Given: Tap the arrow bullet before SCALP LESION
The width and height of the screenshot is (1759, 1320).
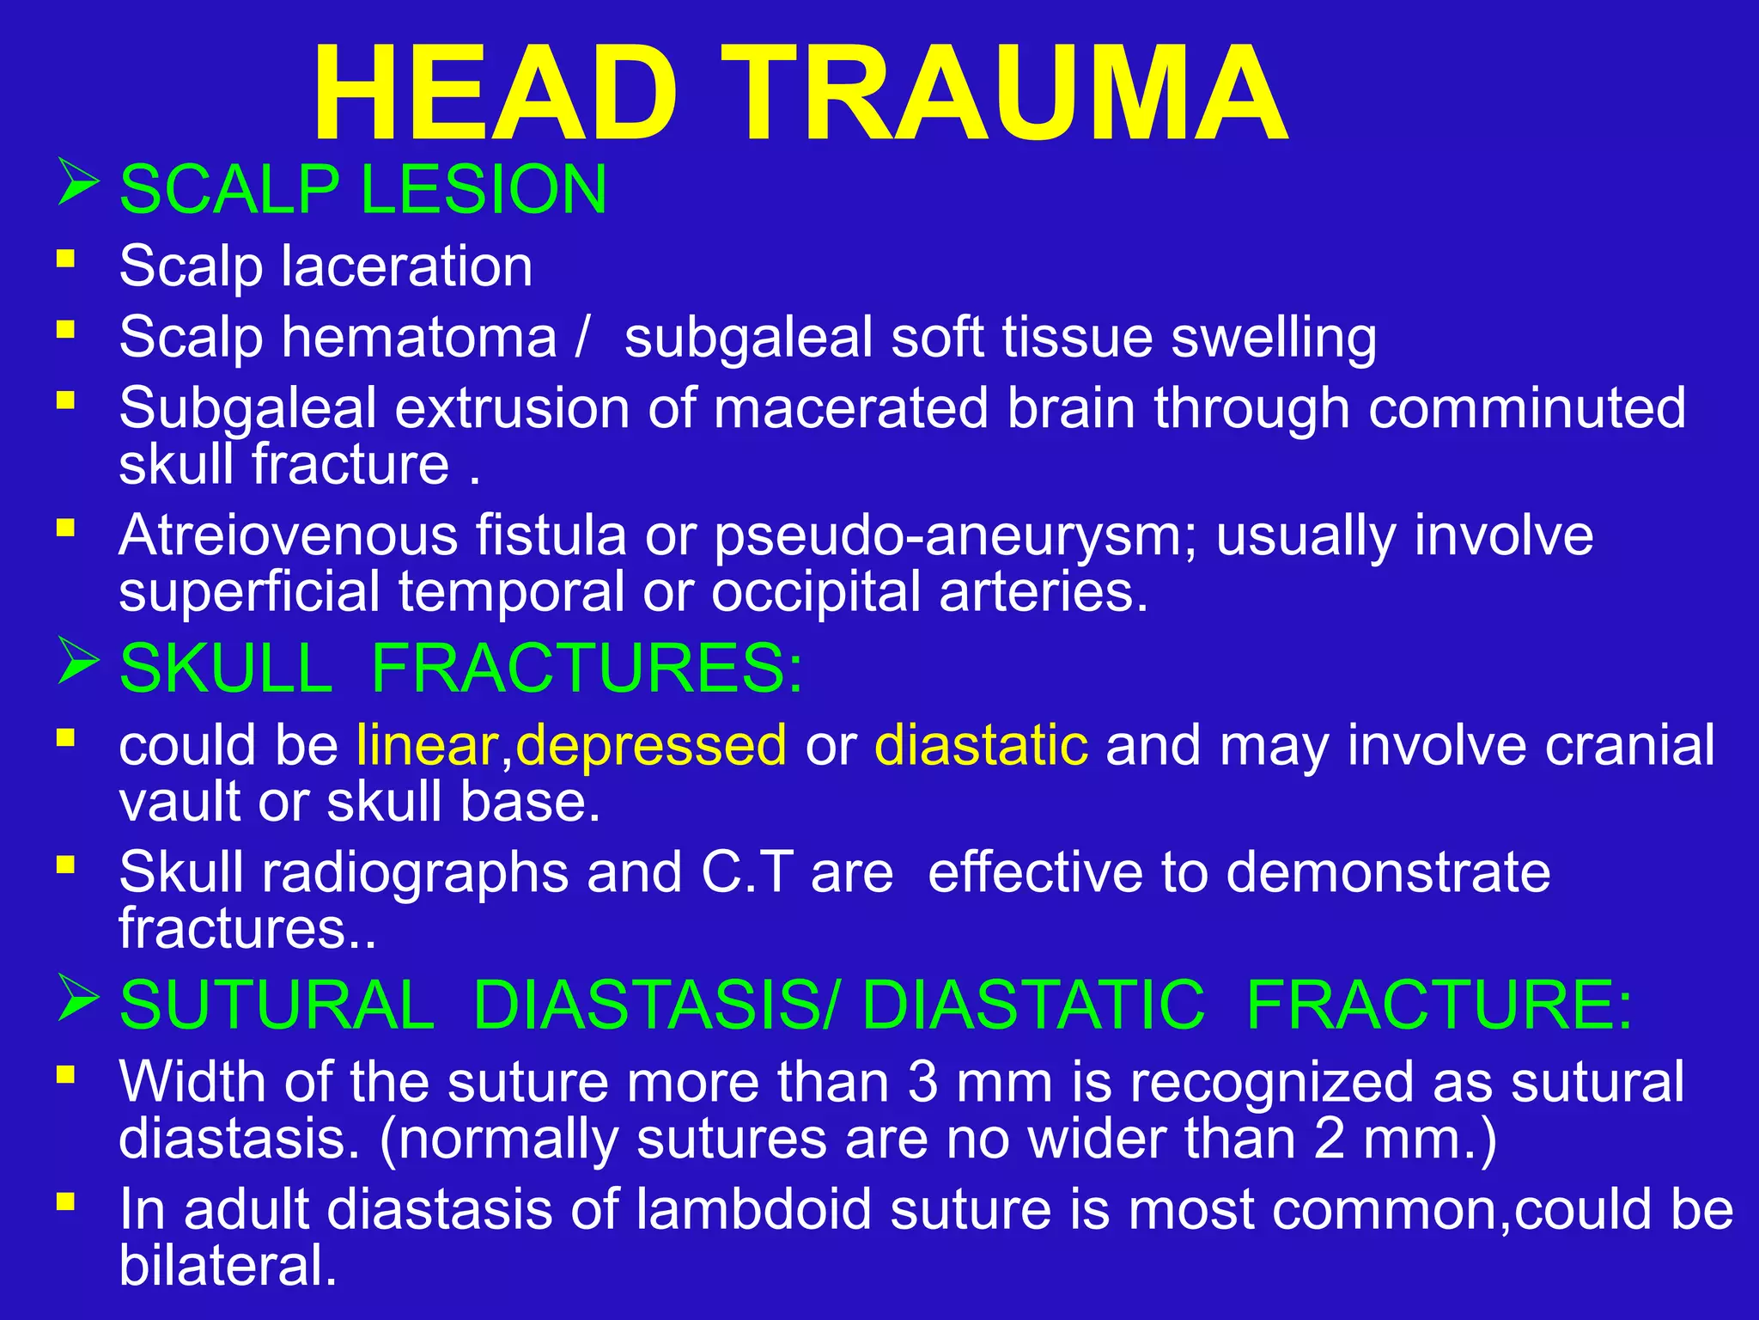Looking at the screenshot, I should [78, 182].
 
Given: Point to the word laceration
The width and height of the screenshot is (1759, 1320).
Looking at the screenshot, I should [407, 266].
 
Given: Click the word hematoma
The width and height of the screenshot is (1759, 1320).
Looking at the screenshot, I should [420, 337].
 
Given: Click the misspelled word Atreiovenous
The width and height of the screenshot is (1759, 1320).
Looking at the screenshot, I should [289, 535].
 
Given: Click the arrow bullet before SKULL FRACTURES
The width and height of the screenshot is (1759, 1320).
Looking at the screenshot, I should [78, 662].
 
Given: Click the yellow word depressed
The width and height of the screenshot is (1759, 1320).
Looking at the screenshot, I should [651, 744].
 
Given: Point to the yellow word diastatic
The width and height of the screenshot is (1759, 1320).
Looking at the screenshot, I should [981, 744].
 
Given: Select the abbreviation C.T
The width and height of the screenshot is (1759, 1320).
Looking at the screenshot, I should [747, 872].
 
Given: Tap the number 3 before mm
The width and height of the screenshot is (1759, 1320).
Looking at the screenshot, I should [922, 1081].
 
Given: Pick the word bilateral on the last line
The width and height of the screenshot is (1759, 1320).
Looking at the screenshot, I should [228, 1265].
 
